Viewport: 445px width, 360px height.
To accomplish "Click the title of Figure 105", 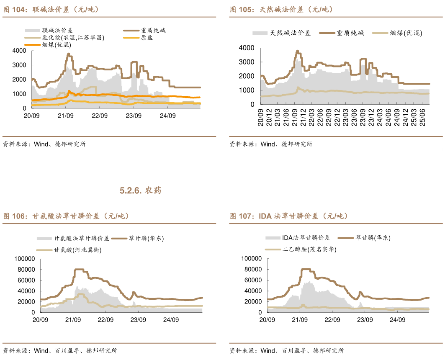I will tap(281, 9).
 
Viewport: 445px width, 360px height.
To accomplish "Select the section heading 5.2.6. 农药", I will tap(140, 191).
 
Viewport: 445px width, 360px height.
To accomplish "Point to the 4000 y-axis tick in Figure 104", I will tap(19, 51).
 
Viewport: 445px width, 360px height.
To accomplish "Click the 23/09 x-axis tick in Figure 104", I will tap(133, 116).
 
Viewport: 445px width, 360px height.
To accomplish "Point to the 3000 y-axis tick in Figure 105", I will tap(246, 62).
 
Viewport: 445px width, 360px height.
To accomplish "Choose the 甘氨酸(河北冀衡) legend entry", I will tap(77, 250).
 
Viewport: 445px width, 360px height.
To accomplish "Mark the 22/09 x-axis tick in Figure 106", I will tap(105, 320).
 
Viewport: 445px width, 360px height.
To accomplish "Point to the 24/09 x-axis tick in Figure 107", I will tap(398, 320).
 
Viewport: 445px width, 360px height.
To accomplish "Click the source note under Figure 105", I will tap(271, 144).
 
